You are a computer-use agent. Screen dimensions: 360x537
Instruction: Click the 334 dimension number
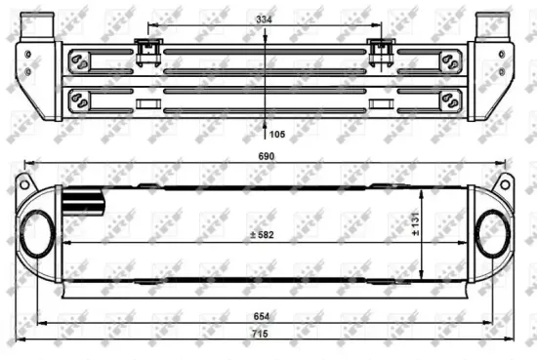point(264,19)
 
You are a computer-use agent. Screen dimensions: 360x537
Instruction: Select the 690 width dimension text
point(265,156)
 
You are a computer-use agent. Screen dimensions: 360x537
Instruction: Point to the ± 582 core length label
point(263,235)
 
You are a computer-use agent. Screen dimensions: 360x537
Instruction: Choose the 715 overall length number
point(264,335)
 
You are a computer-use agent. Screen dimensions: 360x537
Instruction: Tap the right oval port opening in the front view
point(490,236)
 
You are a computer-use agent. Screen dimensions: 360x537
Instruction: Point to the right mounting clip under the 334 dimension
point(379,48)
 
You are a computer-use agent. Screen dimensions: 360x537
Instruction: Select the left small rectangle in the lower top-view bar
point(148,102)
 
